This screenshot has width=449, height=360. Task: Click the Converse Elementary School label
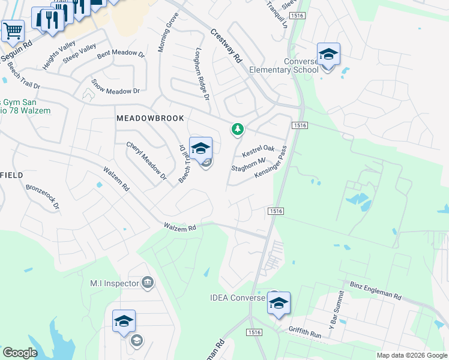301,65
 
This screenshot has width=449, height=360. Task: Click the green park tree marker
238,129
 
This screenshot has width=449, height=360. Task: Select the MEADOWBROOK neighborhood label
149,119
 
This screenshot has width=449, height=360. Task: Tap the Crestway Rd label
226,47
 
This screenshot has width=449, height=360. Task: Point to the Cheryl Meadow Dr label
146,161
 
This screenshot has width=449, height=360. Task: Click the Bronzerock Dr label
43,196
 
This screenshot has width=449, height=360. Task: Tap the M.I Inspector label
113,283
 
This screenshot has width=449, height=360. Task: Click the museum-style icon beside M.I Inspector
147,283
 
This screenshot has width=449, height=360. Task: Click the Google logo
20,353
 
